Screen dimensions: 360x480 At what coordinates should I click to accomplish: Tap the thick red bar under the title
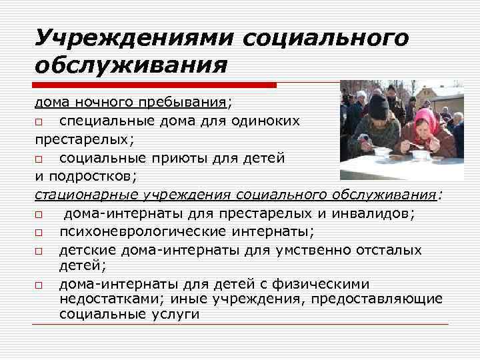[155, 85]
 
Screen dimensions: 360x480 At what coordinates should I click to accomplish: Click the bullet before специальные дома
[39, 122]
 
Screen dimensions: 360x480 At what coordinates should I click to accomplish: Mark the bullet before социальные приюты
[39, 159]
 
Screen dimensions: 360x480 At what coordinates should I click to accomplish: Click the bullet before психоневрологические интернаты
[39, 233]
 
